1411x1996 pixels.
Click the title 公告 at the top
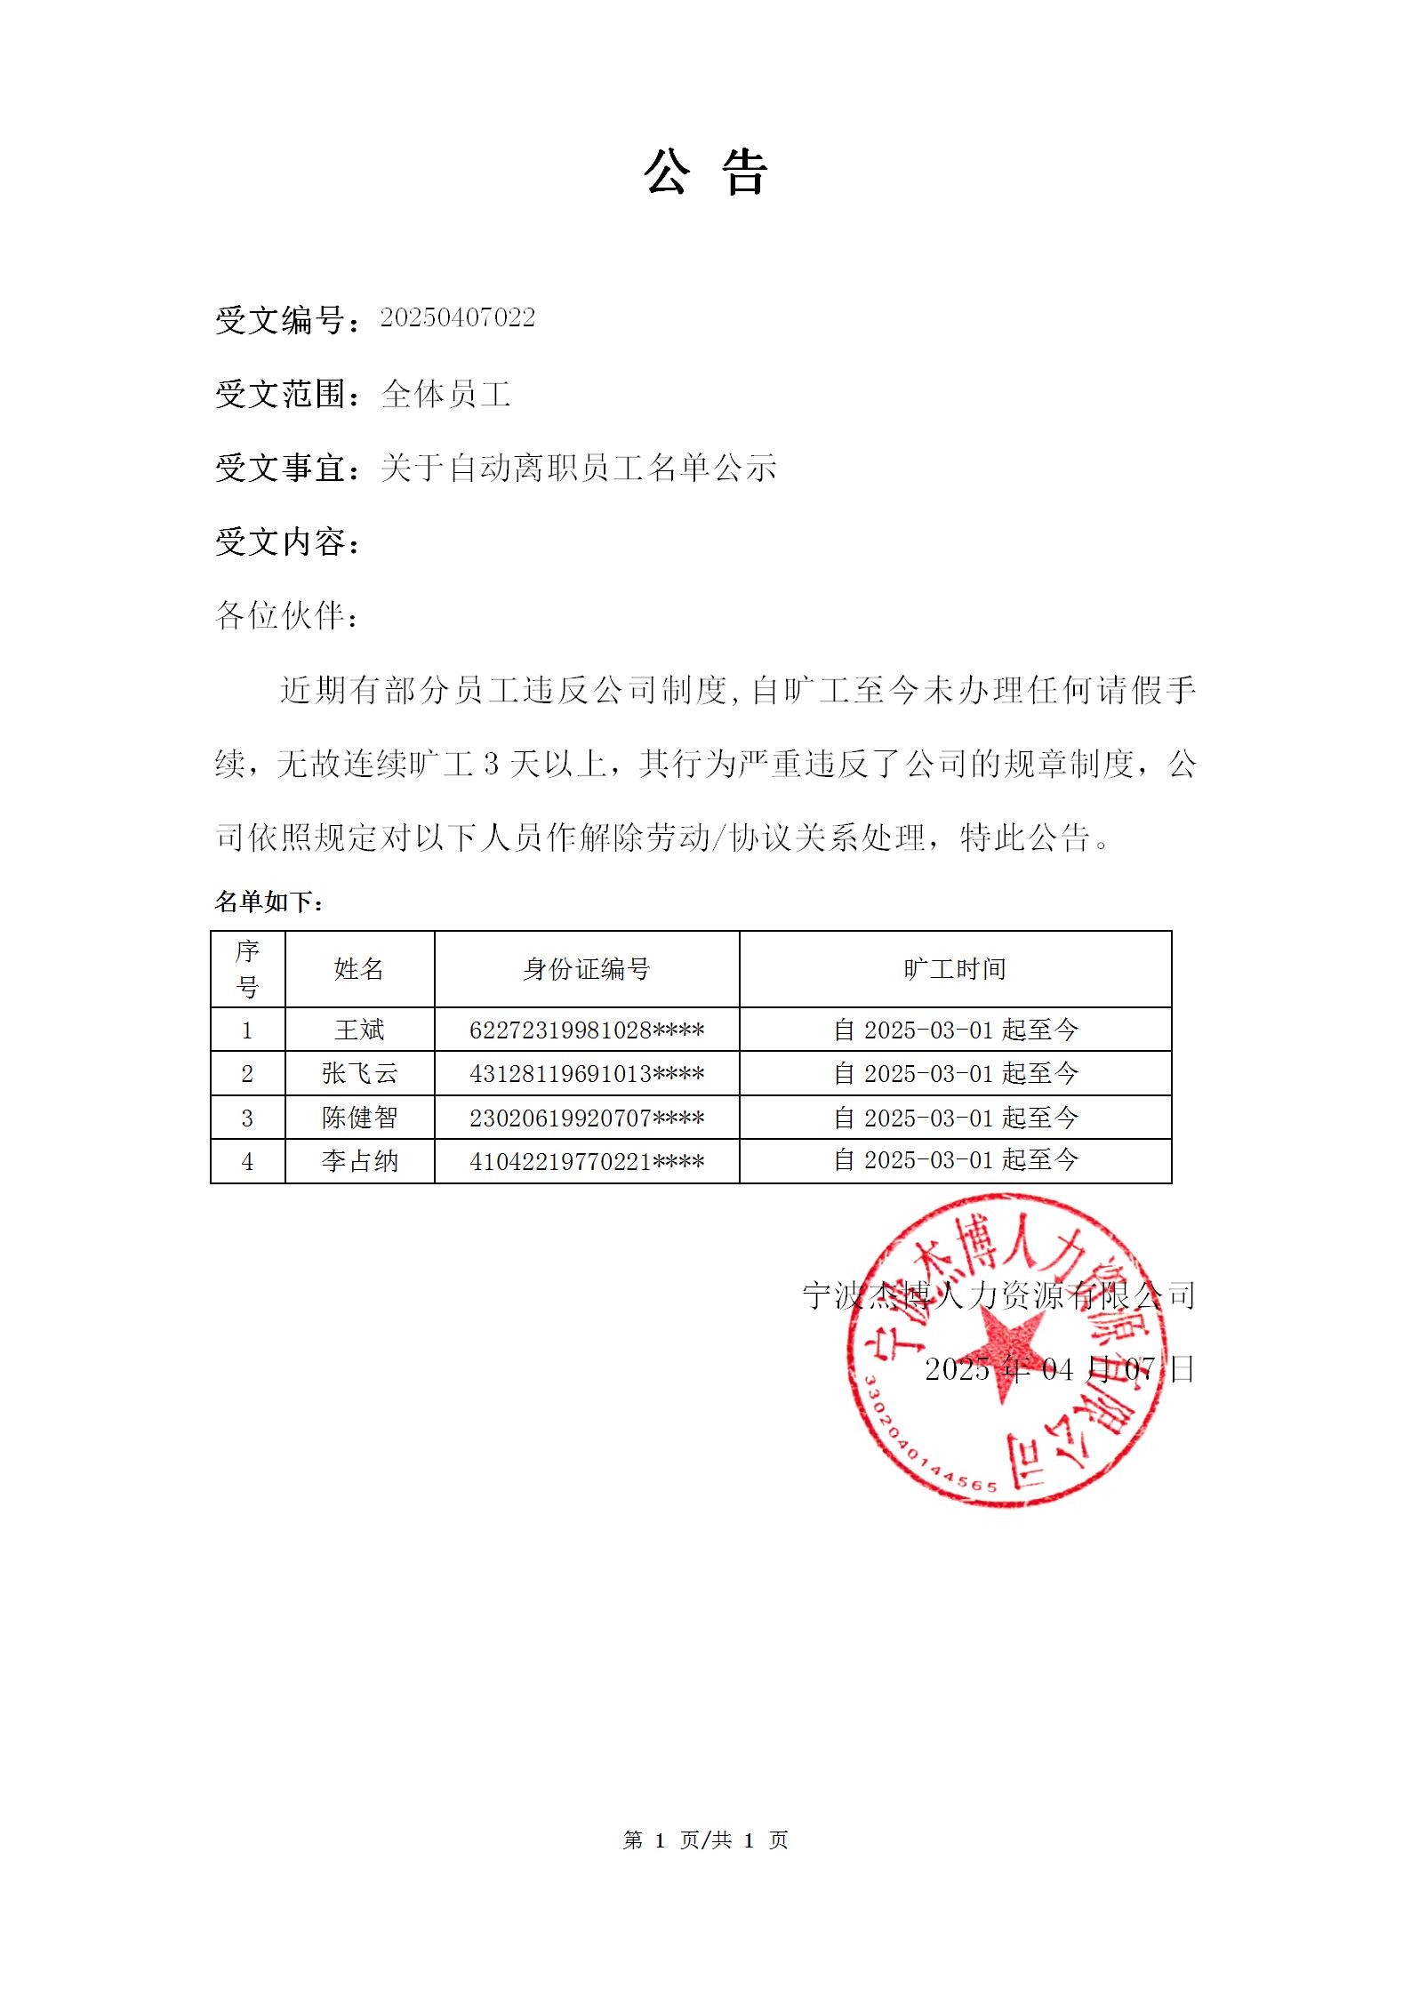click(705, 172)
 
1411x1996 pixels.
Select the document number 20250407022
click(458, 318)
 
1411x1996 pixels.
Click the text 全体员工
click(445, 394)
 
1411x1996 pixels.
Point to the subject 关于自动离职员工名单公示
click(579, 468)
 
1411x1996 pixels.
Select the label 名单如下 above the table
click(269, 902)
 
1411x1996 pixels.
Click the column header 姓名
click(359, 969)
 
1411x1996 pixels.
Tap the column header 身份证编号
click(587, 969)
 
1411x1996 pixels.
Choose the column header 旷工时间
click(955, 969)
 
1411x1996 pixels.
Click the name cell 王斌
click(359, 1030)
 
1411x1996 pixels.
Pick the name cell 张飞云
click(359, 1074)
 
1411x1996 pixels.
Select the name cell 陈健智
click(359, 1118)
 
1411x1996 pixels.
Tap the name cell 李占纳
click(359, 1161)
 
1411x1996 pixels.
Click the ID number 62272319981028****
click(587, 1030)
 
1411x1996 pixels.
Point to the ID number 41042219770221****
click(587, 1161)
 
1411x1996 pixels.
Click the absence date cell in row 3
click(955, 1118)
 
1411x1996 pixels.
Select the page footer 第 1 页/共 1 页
click(705, 1840)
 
